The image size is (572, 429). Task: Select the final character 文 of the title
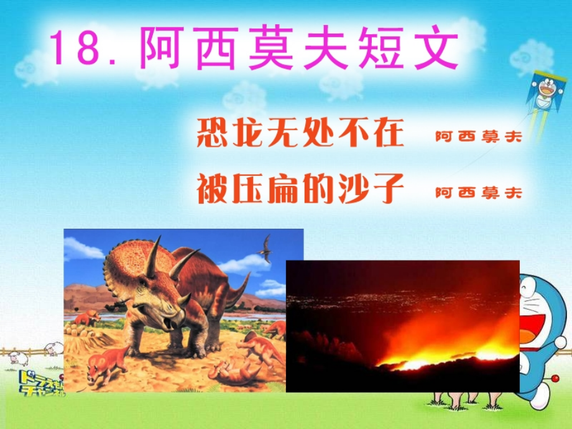tap(435, 48)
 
